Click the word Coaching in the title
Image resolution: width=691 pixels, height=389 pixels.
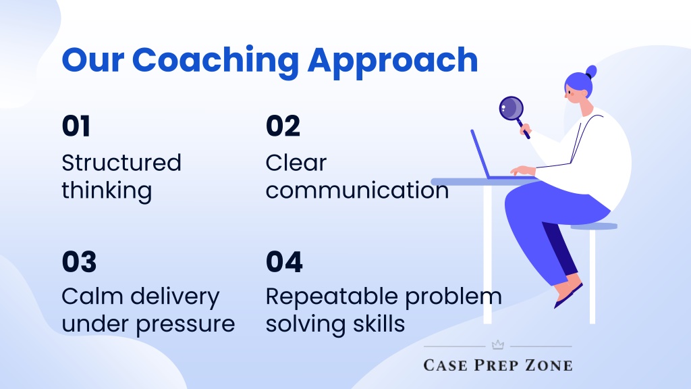pos(215,61)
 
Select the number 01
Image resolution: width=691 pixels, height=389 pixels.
pos(76,126)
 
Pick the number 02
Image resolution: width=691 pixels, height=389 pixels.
pos(283,126)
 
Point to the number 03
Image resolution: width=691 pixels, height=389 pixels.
pos(80,262)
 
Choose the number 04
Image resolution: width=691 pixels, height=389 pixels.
pos(284,262)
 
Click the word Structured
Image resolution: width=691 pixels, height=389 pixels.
pos(121,163)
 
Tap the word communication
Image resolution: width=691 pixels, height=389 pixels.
pos(358,190)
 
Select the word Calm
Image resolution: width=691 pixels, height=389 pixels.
pos(92,296)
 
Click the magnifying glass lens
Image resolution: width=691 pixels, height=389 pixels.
pos(512,108)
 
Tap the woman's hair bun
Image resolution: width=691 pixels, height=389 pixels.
pos(591,72)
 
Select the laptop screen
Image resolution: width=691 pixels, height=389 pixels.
pos(480,153)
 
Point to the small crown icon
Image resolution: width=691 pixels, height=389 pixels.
pos(497,345)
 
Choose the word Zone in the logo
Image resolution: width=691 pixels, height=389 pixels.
pos(549,365)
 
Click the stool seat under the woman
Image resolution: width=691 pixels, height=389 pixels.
pos(594,226)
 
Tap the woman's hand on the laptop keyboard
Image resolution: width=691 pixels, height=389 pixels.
pos(523,171)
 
